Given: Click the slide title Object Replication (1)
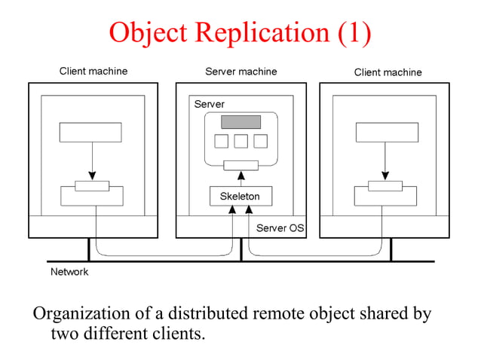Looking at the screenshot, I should pos(240,32).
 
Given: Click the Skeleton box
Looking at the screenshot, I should pos(240,197).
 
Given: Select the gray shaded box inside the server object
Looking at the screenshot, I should pos(240,122).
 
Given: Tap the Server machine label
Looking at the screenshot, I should pos(240,72).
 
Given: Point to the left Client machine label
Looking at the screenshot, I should pos(93,72).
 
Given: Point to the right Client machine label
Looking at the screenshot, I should pos(388,72).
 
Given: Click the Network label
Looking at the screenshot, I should pos(69,272).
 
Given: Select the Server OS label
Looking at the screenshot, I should pos(280,227).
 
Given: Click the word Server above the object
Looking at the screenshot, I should pos(209,104).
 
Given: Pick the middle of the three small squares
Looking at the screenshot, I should pos(240,141).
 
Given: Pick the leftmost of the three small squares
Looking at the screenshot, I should pos(222,141).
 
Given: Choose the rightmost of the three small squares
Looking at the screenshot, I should pos(260,141).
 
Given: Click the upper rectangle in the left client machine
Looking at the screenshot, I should pos(90,132).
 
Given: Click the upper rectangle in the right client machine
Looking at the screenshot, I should pos(386,132).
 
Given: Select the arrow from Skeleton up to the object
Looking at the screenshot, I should pos(240,178).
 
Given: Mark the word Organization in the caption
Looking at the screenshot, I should pos(78,313).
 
